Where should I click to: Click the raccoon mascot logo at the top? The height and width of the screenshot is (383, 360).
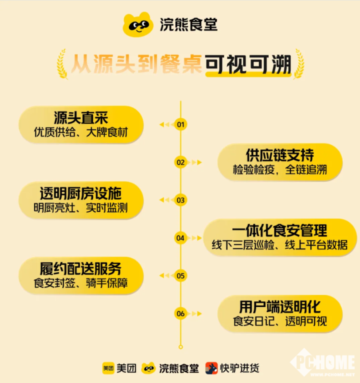138,24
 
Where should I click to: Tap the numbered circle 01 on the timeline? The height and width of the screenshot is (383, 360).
180,124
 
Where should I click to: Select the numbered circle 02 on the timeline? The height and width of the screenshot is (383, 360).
180,162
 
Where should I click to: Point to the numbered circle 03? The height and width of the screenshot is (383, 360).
180,200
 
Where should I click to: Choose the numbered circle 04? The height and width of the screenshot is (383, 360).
180,238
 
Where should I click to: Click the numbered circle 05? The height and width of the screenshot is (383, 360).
180,276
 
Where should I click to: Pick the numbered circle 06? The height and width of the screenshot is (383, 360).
180,313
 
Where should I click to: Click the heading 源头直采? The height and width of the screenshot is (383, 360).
81,117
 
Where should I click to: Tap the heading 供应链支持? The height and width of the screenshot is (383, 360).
280,155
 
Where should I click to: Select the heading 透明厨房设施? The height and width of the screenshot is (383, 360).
80,193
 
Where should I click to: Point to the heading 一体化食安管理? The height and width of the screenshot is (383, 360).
279,230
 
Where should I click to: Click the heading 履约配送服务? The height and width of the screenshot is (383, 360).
80,268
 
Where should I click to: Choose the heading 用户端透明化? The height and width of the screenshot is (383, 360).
280,307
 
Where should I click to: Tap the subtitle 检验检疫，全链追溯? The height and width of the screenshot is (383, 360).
280,170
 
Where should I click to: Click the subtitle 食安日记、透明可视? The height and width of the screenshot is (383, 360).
280,321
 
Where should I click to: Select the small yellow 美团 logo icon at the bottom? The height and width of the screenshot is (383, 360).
108,368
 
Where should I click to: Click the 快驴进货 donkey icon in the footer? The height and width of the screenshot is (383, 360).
211,368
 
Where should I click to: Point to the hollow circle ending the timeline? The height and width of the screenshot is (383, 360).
180,347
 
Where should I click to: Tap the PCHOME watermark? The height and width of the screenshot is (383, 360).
323,363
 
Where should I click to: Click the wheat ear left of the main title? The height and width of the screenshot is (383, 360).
62,64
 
